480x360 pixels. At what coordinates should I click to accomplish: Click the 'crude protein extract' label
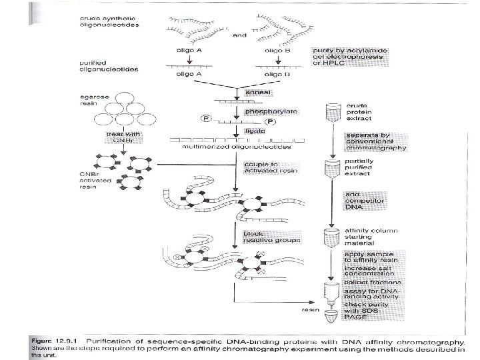pyautogui.click(x=359, y=113)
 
